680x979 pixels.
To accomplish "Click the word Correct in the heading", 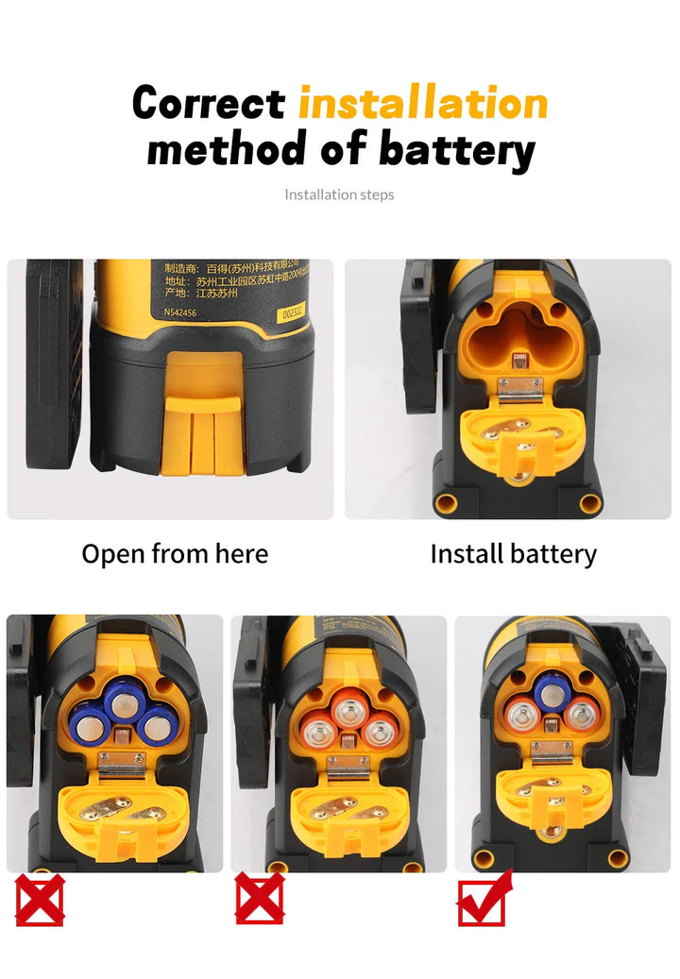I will tap(208, 102).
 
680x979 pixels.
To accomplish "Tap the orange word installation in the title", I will tap(423, 102).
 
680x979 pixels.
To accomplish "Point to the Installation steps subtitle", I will tap(339, 194).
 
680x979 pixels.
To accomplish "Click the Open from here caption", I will tap(175, 553).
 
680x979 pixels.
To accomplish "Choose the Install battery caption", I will tap(513, 553).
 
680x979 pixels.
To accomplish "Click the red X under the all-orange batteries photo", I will tap(259, 898).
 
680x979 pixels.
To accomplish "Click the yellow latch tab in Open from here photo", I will tap(202, 430).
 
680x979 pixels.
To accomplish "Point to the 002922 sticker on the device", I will tap(297, 313).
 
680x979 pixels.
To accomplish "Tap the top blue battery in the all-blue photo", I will tap(123, 701).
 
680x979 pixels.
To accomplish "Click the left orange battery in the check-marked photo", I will tap(523, 715).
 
